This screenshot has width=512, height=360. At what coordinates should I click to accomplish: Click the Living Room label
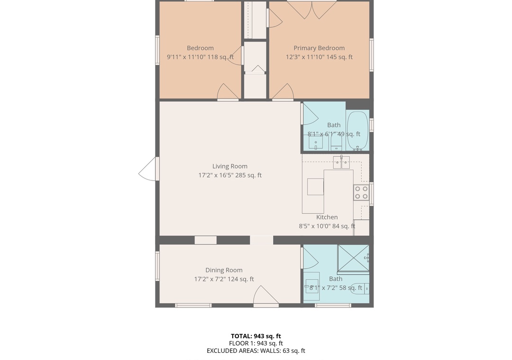click(230, 166)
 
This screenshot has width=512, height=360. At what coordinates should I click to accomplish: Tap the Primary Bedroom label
click(319, 48)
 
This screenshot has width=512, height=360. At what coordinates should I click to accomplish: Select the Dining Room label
click(224, 270)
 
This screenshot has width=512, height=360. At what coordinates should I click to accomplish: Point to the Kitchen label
click(327, 217)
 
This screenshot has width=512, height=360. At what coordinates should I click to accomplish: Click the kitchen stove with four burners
click(361, 193)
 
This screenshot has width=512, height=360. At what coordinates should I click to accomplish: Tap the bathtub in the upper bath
click(357, 131)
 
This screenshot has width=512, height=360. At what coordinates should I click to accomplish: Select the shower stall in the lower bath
click(353, 258)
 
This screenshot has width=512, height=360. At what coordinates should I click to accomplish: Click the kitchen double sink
click(341, 162)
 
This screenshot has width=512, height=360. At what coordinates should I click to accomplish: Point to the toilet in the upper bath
click(336, 143)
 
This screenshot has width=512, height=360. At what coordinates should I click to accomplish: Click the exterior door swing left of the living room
click(148, 169)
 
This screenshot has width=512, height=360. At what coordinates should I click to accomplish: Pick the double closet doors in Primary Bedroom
click(312, 10)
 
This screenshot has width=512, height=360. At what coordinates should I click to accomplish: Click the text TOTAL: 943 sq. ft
click(256, 336)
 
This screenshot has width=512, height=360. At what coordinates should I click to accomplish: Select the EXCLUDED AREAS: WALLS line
click(256, 351)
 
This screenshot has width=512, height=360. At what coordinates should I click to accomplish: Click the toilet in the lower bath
click(359, 289)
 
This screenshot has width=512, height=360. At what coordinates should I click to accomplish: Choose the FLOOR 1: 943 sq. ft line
click(256, 343)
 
